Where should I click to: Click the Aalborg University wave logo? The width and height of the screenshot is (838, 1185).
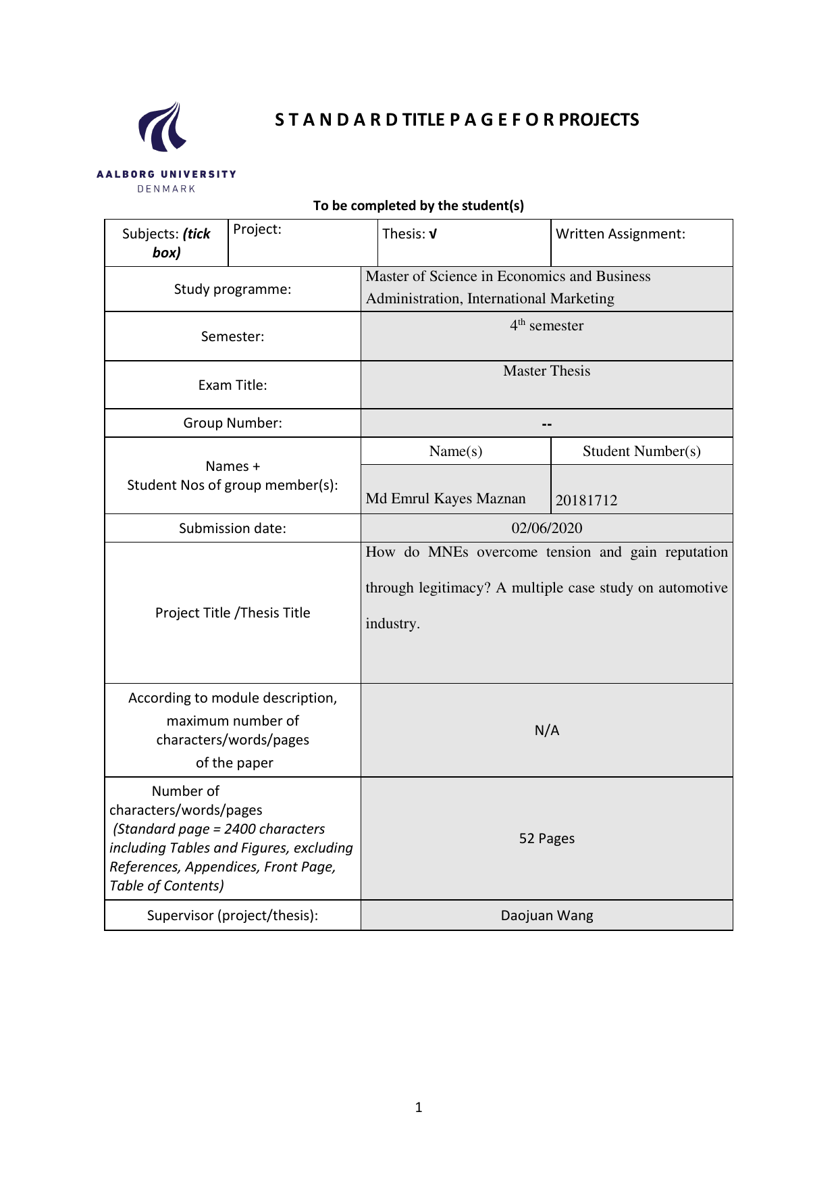click(x=163, y=128)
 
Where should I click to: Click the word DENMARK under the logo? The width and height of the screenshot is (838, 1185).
click(x=166, y=189)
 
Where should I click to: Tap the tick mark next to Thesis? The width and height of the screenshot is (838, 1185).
click(x=433, y=234)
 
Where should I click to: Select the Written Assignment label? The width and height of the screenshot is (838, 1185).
click(x=620, y=234)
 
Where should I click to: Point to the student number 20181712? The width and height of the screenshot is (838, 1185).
click(x=586, y=501)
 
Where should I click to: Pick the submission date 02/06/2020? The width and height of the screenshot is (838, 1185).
click(x=546, y=528)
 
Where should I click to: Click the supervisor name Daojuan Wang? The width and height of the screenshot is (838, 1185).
click(x=546, y=915)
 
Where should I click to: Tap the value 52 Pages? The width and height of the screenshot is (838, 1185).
click(x=546, y=838)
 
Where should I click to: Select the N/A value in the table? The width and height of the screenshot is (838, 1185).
click(x=546, y=730)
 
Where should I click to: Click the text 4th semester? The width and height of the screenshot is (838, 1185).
click(x=546, y=326)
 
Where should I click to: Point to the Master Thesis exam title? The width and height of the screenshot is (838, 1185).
click(x=546, y=371)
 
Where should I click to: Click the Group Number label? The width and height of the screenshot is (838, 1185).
click(x=232, y=423)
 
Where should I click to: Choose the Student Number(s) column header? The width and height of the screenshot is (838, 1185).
click(x=641, y=451)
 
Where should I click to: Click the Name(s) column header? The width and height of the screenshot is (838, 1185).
click(x=456, y=451)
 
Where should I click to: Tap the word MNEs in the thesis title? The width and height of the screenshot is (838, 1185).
click(x=448, y=552)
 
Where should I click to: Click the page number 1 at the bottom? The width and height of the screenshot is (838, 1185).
click(x=419, y=1107)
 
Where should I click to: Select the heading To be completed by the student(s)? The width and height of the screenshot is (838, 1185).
click(x=418, y=205)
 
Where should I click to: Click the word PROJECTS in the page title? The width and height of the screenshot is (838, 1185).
click(x=598, y=120)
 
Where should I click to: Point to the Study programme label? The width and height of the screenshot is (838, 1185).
click(x=232, y=289)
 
